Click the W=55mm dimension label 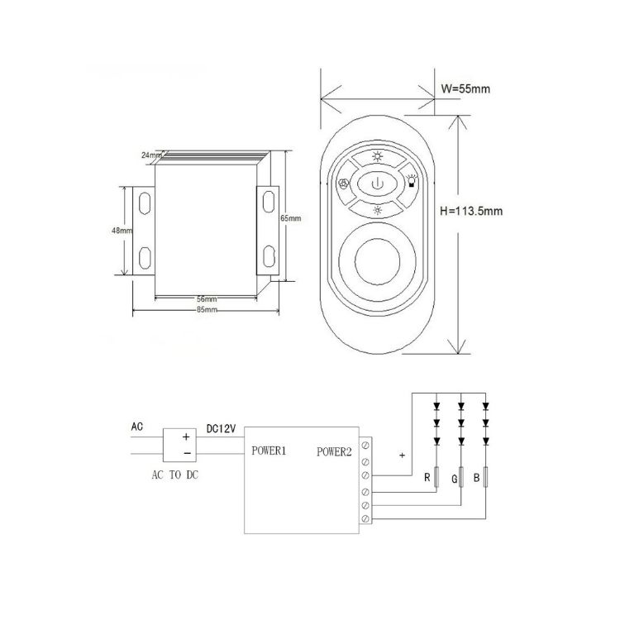465,88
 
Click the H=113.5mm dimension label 471,211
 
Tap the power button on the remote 377,183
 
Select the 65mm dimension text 291,218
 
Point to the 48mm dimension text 122,230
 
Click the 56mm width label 207,299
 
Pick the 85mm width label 207,310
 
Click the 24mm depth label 151,155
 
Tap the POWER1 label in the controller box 269,451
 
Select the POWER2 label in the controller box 334,451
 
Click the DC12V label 221,428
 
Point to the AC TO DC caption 174,475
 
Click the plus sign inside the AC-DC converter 186,436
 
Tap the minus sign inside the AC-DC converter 187,453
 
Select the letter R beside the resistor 427,477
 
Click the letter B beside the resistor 476,478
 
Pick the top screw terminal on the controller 365,445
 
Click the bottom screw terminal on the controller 365,518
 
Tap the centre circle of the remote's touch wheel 377,261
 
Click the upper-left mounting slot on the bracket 145,203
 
